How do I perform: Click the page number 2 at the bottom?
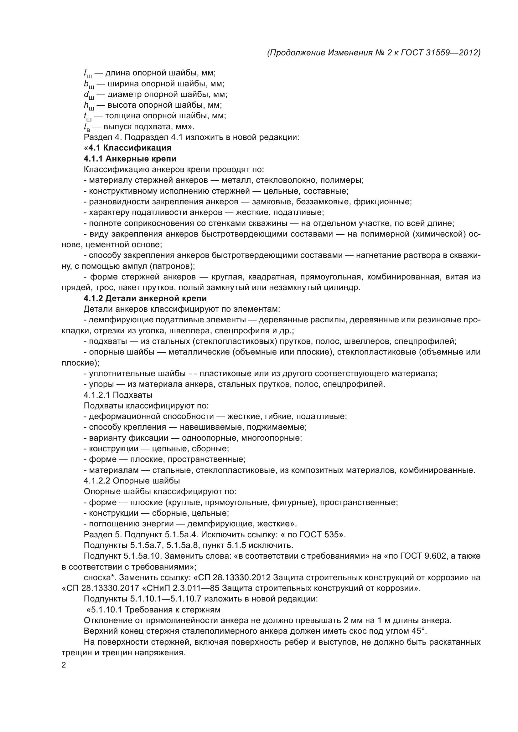[x=64, y=665]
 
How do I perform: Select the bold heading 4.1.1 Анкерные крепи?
[x=130, y=159]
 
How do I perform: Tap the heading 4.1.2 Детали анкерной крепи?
[x=145, y=299]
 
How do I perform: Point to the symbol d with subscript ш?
[x=88, y=95]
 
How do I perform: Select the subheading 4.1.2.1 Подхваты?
[x=118, y=395]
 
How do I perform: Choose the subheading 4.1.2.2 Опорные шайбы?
[x=132, y=481]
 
